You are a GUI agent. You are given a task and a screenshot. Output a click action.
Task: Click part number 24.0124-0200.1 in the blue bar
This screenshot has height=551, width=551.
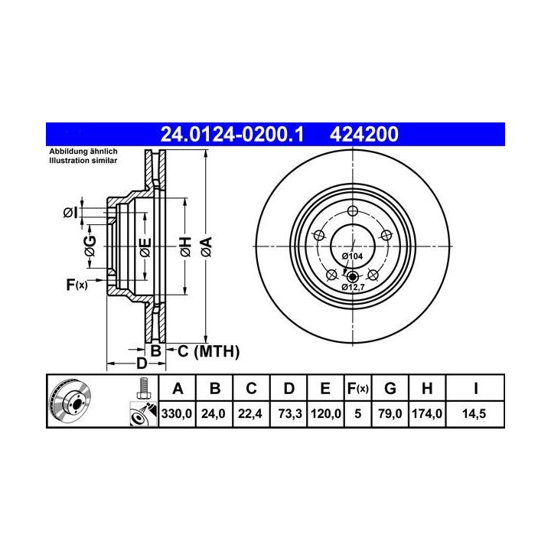coord(232,134)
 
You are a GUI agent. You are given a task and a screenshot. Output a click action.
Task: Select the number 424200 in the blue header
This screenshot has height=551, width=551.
coord(364,134)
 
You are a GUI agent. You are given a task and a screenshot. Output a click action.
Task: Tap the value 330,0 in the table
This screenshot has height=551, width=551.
coord(177,413)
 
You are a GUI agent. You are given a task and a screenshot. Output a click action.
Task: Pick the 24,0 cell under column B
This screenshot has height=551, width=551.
coord(214,413)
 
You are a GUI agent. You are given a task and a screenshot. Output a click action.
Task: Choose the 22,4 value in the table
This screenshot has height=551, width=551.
coord(249,413)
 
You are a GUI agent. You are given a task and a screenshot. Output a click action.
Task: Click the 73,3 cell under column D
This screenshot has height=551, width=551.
coord(290,413)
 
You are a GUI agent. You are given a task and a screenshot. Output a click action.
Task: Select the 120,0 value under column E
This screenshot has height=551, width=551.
coord(326,413)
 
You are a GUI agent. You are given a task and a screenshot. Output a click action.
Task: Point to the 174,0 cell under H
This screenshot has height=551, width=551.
coord(427,413)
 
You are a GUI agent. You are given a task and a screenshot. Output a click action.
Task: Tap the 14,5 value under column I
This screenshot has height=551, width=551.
coord(474,413)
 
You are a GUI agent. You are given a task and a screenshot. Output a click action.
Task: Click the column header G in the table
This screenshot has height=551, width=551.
coord(390,389)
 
